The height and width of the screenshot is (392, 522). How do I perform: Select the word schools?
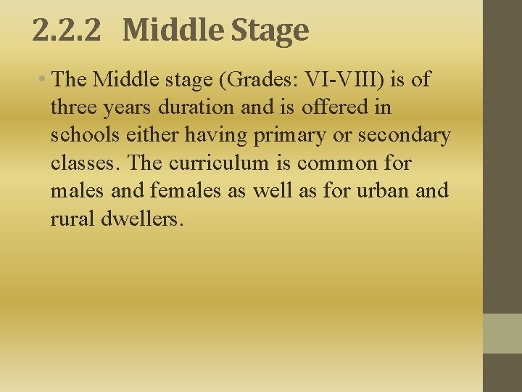[82, 134]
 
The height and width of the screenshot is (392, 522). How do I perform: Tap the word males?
[75, 190]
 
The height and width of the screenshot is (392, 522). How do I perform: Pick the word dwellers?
[144, 218]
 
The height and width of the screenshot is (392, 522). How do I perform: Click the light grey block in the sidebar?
[502, 333]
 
